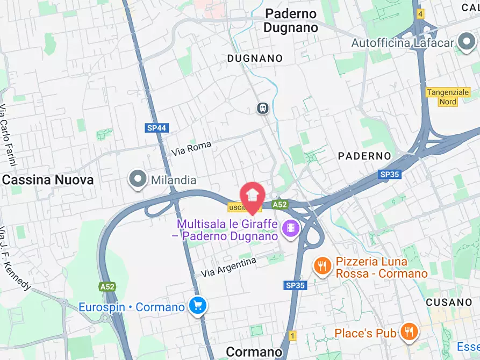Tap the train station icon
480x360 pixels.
click(262, 108)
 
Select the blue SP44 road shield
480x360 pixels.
click(157, 128)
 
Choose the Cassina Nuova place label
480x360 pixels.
click(48, 180)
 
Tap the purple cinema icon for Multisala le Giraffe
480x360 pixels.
click(291, 229)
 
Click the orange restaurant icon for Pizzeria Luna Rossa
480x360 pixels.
click(323, 265)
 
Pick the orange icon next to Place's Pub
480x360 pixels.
click(409, 333)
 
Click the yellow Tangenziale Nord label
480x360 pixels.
click(448, 97)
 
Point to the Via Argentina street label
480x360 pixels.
click(228, 267)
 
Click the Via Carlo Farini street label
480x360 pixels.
click(6, 129)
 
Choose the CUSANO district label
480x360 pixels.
click(448, 303)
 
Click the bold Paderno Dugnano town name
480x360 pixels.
click(290, 20)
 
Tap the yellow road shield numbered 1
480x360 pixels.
click(292, 335)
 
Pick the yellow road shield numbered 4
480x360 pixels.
click(420, 13)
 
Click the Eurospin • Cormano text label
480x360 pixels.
click(132, 307)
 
